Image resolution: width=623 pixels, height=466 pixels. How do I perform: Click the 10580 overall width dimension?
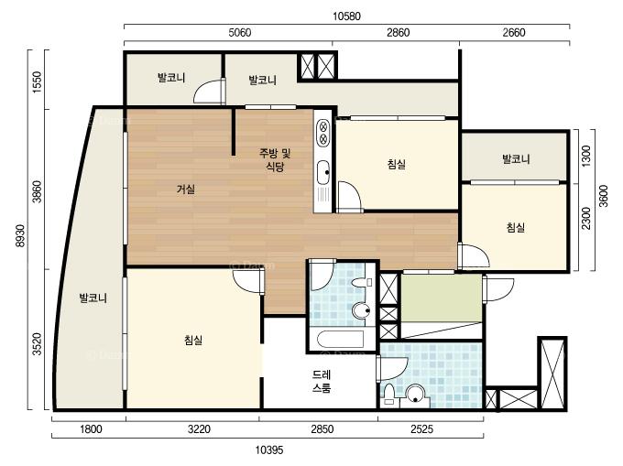click(346, 16)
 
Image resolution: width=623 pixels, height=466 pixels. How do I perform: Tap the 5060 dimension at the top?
click(240, 32)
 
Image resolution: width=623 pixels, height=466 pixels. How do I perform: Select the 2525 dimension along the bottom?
click(421, 428)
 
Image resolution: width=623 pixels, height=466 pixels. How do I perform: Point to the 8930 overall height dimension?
click(21, 235)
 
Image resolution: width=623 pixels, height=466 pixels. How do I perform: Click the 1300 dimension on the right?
click(586, 156)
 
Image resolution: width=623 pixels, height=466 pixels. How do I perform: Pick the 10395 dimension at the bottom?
click(269, 450)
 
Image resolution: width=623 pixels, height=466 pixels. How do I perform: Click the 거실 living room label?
click(186, 189)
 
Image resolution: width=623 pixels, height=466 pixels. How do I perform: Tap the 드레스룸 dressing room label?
click(322, 381)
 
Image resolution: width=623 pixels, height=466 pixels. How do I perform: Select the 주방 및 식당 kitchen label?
click(275, 159)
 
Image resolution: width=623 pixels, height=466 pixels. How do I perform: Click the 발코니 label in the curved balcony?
click(93, 298)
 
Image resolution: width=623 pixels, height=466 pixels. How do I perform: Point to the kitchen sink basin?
click(323, 172)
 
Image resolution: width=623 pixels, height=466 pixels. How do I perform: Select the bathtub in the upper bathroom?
click(341, 340)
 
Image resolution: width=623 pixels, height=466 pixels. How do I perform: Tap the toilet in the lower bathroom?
click(389, 395)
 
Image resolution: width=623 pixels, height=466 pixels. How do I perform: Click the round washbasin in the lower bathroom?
click(416, 394)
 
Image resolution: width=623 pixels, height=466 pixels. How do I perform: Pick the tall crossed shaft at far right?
click(552, 374)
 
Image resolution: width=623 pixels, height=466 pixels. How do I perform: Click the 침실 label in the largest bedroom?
click(193, 340)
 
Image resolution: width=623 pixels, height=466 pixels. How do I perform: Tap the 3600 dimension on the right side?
click(604, 196)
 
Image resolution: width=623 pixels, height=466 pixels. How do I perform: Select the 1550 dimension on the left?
click(37, 82)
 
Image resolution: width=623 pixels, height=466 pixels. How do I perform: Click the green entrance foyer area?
click(442, 298)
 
